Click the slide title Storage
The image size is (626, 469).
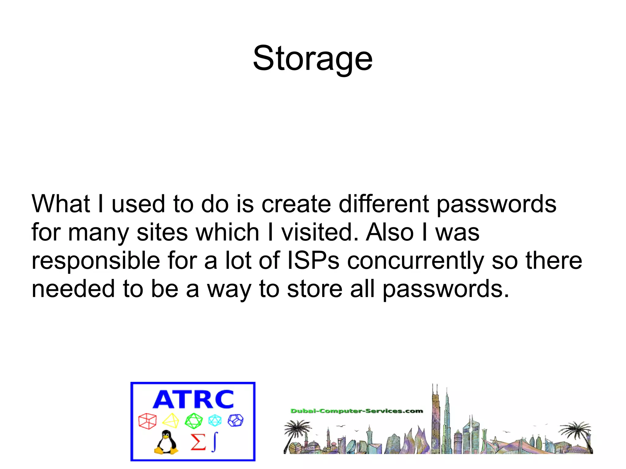tap(313, 58)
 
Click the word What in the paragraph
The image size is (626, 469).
tap(61, 203)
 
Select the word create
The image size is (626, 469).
tap(296, 203)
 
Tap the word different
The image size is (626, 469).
tap(384, 203)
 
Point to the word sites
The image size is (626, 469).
tap(162, 232)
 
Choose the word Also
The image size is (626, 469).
tap(390, 232)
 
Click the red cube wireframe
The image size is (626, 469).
tap(147, 421)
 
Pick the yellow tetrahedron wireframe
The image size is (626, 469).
tap(171, 421)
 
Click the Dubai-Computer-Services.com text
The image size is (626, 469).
tap(356, 411)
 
